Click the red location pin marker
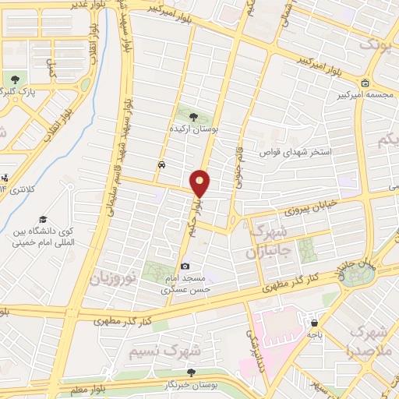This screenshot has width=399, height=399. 201,183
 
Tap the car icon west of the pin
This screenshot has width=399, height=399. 161,165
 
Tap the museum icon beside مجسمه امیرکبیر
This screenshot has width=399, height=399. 365,83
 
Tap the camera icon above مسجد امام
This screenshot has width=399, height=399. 185,267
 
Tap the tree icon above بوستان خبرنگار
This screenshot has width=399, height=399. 192,373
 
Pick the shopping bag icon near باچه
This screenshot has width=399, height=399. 313,322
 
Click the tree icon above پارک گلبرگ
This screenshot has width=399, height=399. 16,79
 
